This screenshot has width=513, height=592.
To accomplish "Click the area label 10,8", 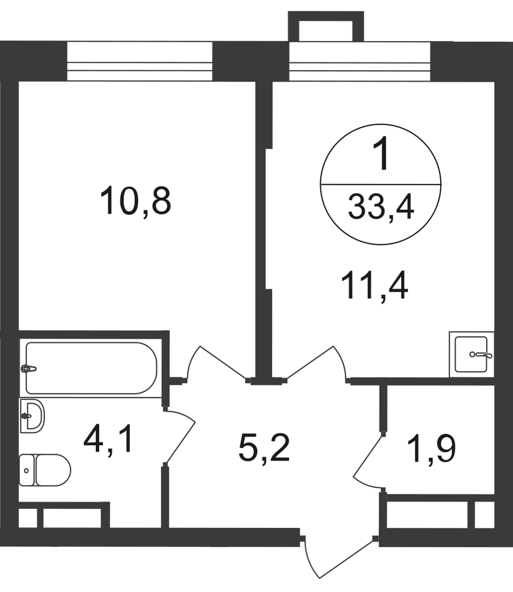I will pos(135,201).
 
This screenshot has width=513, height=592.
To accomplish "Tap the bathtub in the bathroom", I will pos(91,368).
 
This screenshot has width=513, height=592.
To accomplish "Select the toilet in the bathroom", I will pos(45,470).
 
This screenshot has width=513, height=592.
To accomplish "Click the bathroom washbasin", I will pos(31,416).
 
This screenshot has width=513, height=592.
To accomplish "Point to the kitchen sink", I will pos(471,354).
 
